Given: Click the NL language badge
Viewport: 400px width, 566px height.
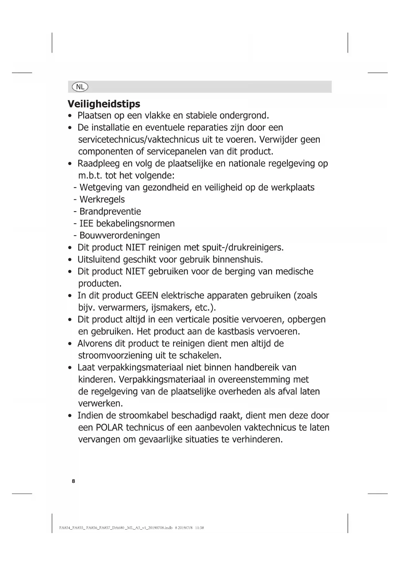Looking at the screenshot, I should [80, 87].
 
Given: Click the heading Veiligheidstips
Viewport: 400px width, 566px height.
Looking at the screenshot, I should [104, 104].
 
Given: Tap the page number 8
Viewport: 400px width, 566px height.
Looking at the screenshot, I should [73, 481].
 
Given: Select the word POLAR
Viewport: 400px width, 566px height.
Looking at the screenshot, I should [109, 428].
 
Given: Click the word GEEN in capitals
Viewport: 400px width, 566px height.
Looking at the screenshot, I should [147, 296].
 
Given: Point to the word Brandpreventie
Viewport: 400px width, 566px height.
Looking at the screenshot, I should [110, 212].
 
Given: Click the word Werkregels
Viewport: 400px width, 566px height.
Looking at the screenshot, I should [102, 200].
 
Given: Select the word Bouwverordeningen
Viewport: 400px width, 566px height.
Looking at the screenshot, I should [120, 236].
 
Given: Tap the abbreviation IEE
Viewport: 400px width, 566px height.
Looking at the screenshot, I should [86, 224].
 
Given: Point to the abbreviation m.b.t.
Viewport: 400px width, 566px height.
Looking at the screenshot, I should [90, 176].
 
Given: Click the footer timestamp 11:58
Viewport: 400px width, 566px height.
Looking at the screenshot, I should [200, 528].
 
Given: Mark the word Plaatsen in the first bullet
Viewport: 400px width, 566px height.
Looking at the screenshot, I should [94, 116].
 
